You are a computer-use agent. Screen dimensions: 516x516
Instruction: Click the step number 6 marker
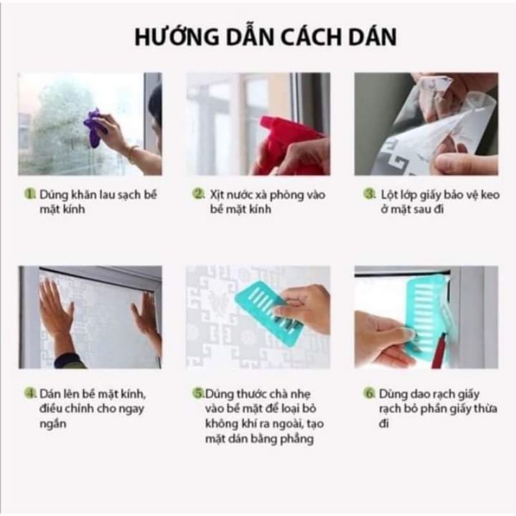click(369, 393)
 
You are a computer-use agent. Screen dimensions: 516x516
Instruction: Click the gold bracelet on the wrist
click(132, 152)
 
